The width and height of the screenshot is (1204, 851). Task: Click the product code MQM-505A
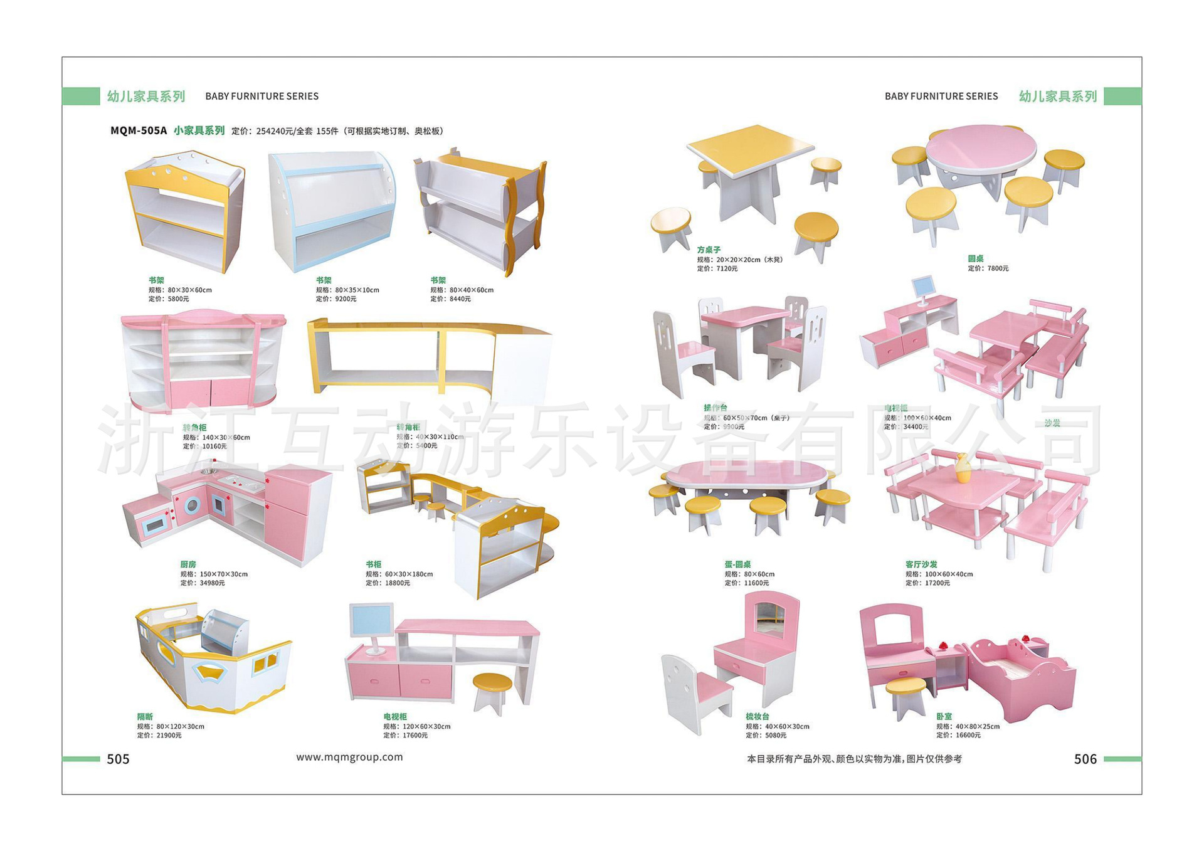click(x=139, y=130)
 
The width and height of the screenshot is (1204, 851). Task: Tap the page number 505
click(x=118, y=759)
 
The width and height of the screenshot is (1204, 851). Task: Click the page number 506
click(x=1085, y=759)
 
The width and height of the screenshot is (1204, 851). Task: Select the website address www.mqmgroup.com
click(x=349, y=757)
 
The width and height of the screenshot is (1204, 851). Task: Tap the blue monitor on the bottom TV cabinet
click(x=372, y=621)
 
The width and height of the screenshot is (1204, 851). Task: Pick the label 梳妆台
click(x=758, y=716)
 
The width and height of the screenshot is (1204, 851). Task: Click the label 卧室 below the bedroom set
click(x=944, y=716)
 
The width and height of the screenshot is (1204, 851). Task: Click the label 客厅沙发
click(x=921, y=564)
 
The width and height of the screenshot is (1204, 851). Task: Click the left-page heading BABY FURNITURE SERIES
click(x=262, y=96)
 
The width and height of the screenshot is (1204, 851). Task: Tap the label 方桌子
click(x=709, y=250)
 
